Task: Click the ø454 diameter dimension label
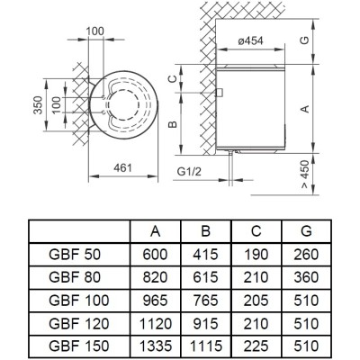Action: (x=250, y=40)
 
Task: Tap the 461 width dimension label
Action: (x=122, y=167)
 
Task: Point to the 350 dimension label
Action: (x=38, y=105)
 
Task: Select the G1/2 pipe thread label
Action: (x=189, y=172)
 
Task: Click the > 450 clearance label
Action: (x=305, y=174)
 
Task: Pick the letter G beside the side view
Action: (x=305, y=40)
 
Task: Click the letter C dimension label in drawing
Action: (x=172, y=79)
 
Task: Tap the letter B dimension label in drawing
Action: (x=173, y=124)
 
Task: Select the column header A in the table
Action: (x=155, y=231)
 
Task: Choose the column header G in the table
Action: (x=306, y=231)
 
